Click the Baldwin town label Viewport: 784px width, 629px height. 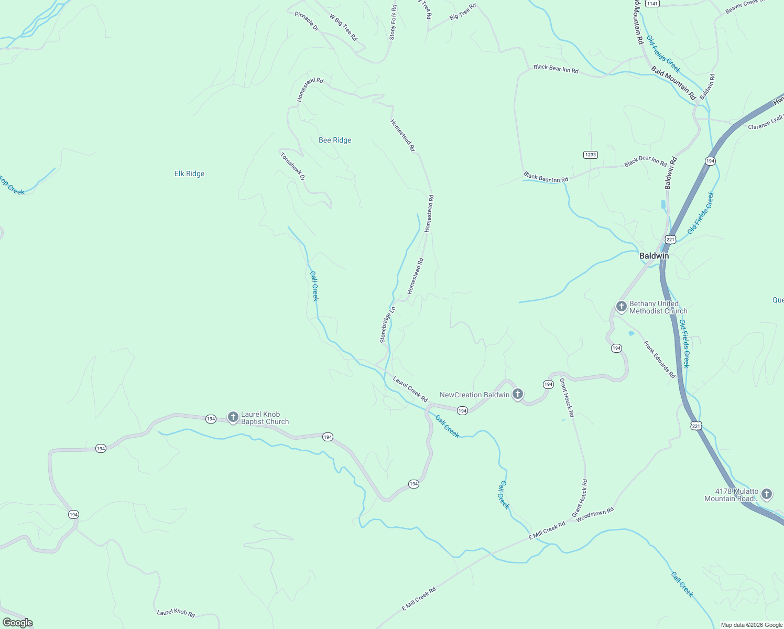654,256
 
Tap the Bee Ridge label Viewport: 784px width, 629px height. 335,140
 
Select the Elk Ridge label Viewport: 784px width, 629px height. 189,173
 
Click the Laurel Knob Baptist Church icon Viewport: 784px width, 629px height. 233,417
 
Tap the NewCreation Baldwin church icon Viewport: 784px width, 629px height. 518,394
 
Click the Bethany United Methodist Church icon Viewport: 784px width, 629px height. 622,307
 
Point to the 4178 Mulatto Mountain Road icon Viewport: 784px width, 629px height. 767,494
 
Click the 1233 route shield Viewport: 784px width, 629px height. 590,155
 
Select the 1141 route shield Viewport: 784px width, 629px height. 652,4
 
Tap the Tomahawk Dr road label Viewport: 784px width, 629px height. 292,166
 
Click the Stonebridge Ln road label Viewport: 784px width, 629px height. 387,325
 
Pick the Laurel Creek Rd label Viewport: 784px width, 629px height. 410,389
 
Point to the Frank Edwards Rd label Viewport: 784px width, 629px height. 659,360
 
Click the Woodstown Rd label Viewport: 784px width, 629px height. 594,513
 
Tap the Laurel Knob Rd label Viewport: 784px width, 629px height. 176,613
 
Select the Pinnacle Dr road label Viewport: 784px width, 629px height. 307,21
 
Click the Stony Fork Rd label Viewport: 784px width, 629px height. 393,23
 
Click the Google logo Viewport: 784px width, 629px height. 17,623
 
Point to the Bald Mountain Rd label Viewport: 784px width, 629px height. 673,83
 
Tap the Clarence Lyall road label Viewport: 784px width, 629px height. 765,123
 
